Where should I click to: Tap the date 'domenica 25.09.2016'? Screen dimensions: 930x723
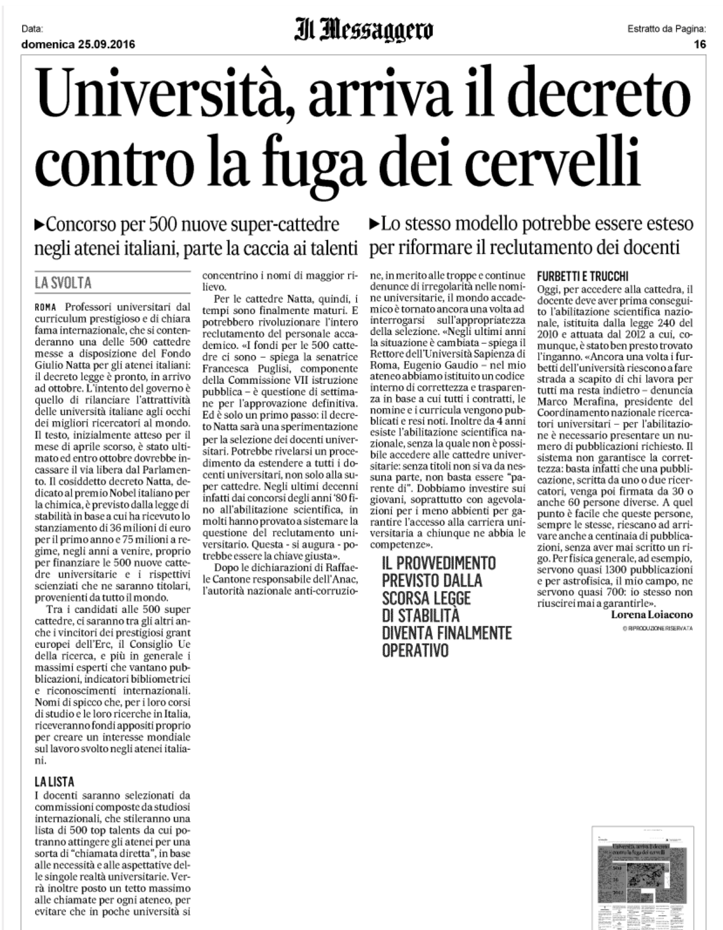click(x=78, y=44)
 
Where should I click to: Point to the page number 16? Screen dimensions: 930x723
click(x=700, y=44)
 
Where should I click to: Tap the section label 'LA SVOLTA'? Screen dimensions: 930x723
click(x=63, y=283)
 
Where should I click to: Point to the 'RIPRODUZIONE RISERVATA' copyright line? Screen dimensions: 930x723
click(x=657, y=628)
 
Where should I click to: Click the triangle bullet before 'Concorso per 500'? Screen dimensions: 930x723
click(x=39, y=224)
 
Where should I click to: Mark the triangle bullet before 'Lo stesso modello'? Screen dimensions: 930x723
click(x=375, y=224)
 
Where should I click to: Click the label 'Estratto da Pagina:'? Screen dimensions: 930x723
click(x=666, y=29)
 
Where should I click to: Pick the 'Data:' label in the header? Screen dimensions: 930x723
click(x=32, y=29)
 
